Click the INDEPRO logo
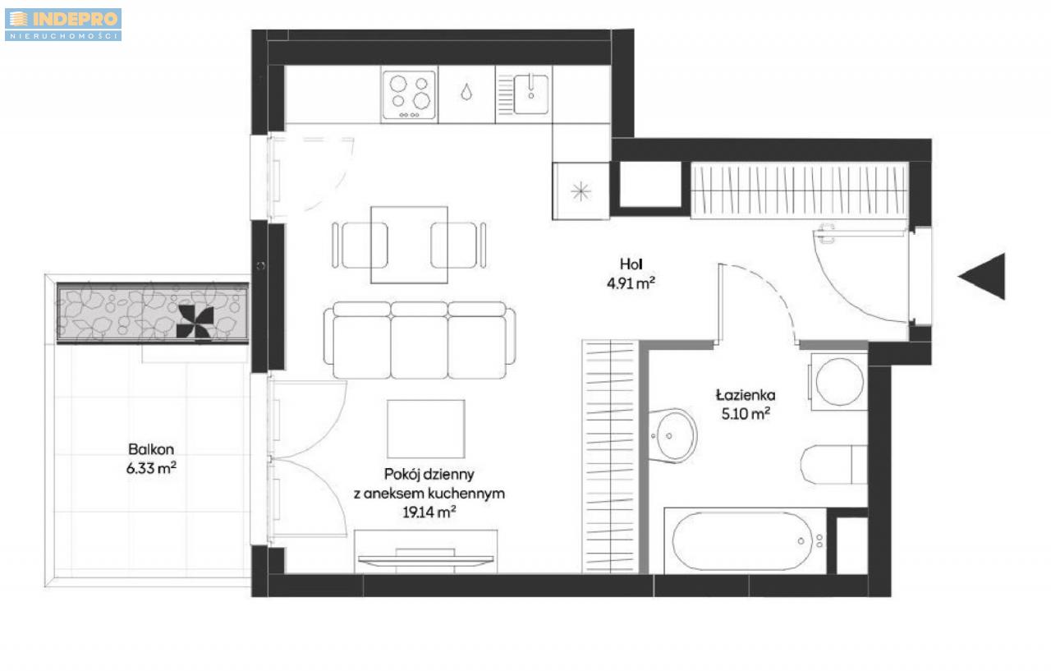click(x=63, y=25)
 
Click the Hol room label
click(x=631, y=264)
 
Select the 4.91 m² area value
click(x=631, y=283)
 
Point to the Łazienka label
click(x=746, y=395)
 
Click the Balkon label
click(x=151, y=449)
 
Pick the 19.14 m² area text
click(x=429, y=512)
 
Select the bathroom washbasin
click(x=673, y=435)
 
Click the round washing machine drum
click(x=839, y=382)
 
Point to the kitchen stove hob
click(x=409, y=94)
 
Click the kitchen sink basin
click(x=530, y=94)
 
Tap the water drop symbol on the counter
click(x=466, y=92)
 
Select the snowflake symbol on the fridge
click(x=581, y=191)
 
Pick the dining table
click(x=409, y=245)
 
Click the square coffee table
click(x=426, y=429)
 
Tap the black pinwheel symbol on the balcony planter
click(x=195, y=321)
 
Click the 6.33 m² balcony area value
click(x=151, y=468)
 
